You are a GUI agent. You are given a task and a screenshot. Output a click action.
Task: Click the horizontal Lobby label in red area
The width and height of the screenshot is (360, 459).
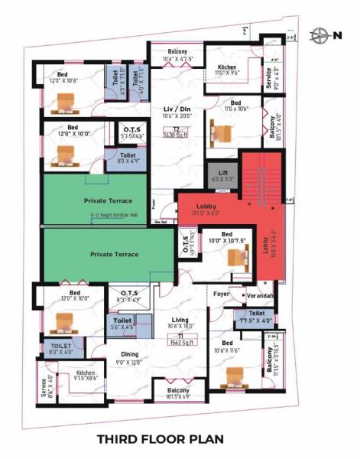coord(206,207)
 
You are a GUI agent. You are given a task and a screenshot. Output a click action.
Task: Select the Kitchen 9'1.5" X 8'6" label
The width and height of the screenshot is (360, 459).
coord(86,375)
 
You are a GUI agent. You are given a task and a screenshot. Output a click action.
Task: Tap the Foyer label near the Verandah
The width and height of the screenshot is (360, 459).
coord(221,292)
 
